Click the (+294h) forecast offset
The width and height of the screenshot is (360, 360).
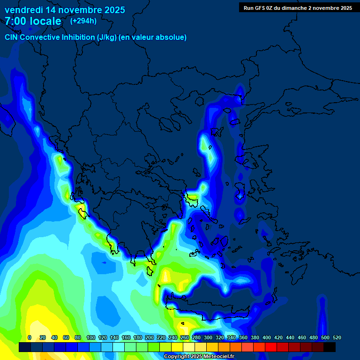click(x=83, y=21)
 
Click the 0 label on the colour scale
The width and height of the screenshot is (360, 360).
click(x=30, y=337)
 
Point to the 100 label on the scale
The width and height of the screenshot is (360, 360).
click(x=91, y=337)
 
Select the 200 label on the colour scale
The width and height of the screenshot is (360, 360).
click(x=150, y=337)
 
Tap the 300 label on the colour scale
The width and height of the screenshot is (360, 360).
click(x=208, y=337)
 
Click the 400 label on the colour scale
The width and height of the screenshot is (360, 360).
click(x=267, y=337)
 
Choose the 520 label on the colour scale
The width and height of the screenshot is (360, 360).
click(x=337, y=337)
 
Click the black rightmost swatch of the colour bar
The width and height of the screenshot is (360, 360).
click(x=329, y=347)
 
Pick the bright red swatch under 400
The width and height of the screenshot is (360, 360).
click(x=270, y=347)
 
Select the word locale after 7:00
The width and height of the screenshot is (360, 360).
click(x=44, y=21)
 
